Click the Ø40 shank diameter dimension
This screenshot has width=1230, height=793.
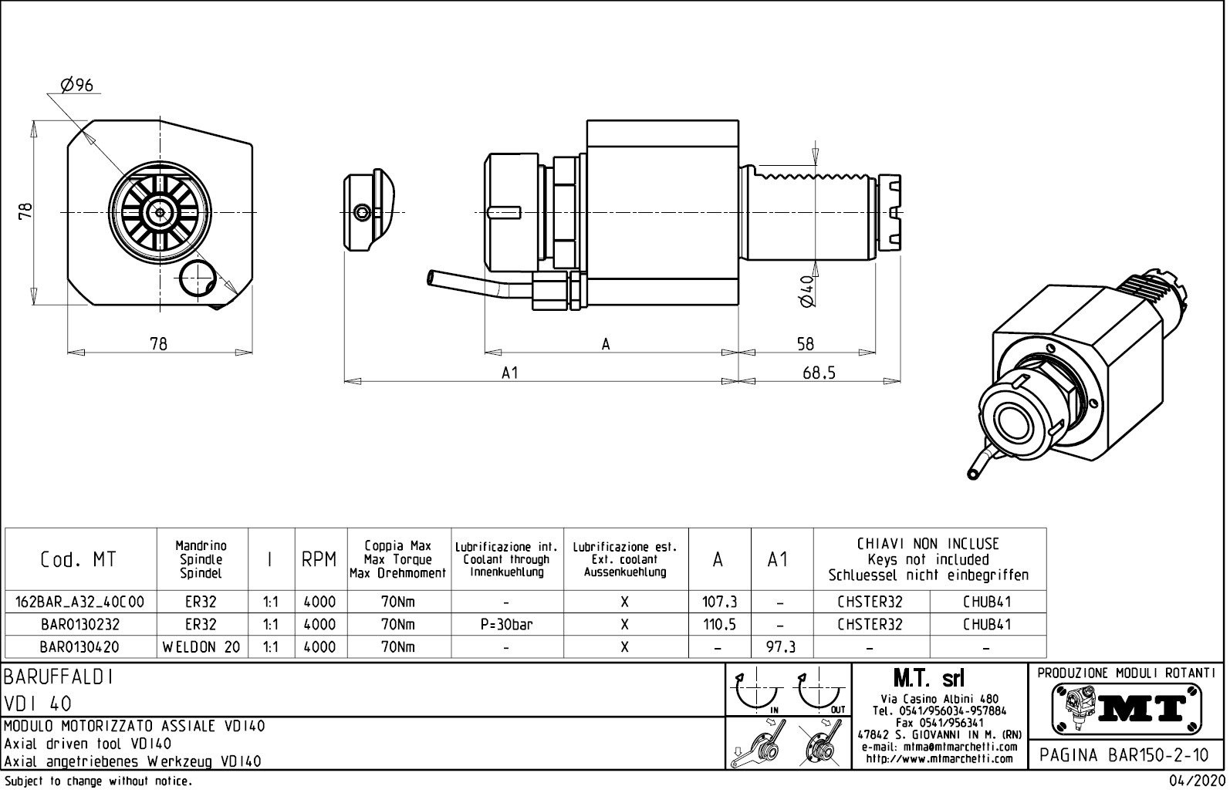click(x=807, y=291)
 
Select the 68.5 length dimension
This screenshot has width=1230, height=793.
click(x=819, y=373)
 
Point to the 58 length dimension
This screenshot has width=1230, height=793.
click(x=805, y=344)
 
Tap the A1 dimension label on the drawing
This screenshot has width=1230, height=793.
click(x=509, y=373)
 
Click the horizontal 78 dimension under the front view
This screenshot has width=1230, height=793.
click(x=158, y=344)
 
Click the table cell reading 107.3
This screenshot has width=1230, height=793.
click(x=719, y=602)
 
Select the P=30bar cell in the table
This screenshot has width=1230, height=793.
click(x=506, y=625)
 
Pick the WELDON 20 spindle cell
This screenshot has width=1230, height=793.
click(x=201, y=647)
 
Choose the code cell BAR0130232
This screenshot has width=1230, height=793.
click(x=80, y=625)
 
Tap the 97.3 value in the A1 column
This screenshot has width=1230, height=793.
click(x=781, y=647)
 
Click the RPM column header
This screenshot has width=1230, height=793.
click(x=319, y=560)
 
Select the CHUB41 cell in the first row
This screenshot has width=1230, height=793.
click(x=987, y=602)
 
